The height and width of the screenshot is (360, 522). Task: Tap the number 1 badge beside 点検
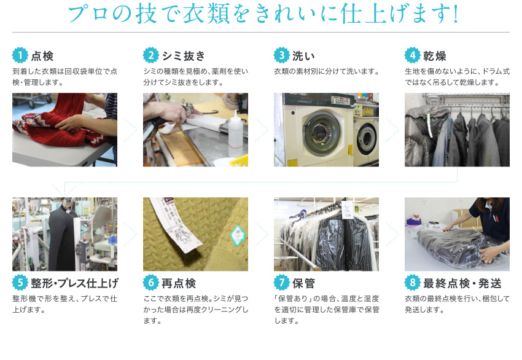tap(20, 55)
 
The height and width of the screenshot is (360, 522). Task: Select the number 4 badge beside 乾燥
tap(412, 55)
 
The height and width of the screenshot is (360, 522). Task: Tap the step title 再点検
tap(179, 283)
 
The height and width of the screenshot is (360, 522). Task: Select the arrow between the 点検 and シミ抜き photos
tap(130, 130)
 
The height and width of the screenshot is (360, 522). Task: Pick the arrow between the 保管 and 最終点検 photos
tap(391, 234)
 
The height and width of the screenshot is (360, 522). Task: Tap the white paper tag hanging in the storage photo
tap(347, 209)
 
